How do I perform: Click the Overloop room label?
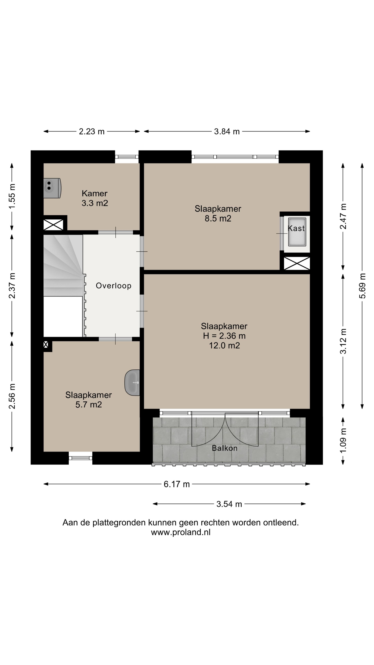coord(114,286)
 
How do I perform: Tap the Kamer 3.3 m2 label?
coord(95,198)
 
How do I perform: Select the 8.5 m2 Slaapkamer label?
coord(218,214)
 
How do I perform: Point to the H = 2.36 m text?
coord(224,336)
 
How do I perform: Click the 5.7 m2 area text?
coord(88,405)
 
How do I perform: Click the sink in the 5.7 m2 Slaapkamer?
coord(132,383)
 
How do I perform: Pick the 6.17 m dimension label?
coord(177,484)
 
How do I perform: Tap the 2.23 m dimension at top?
coord(92,131)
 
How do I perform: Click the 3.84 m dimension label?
coord(227,131)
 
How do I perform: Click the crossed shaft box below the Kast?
coord(297,263)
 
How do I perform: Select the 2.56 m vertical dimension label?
coord(12,396)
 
